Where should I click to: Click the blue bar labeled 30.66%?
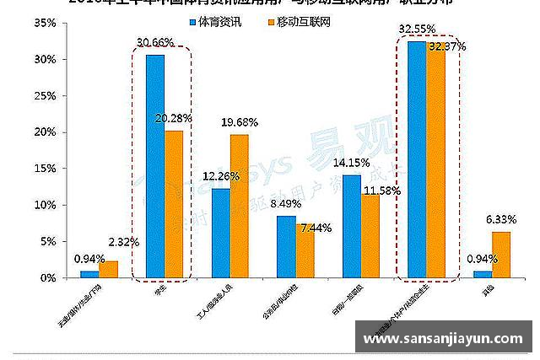(155, 166)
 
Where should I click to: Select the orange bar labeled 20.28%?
(174, 204)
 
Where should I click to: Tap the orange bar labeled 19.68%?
(240, 206)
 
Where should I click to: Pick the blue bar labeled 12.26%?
(221, 233)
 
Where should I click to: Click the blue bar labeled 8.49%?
(287, 246)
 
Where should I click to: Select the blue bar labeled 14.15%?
(352, 226)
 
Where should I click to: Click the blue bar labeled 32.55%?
(417, 159)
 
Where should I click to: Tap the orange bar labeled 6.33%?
(501, 255)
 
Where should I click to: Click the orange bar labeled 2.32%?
(109, 269)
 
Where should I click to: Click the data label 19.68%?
(240, 123)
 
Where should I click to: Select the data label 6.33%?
(499, 221)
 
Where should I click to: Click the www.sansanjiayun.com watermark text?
(444, 339)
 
